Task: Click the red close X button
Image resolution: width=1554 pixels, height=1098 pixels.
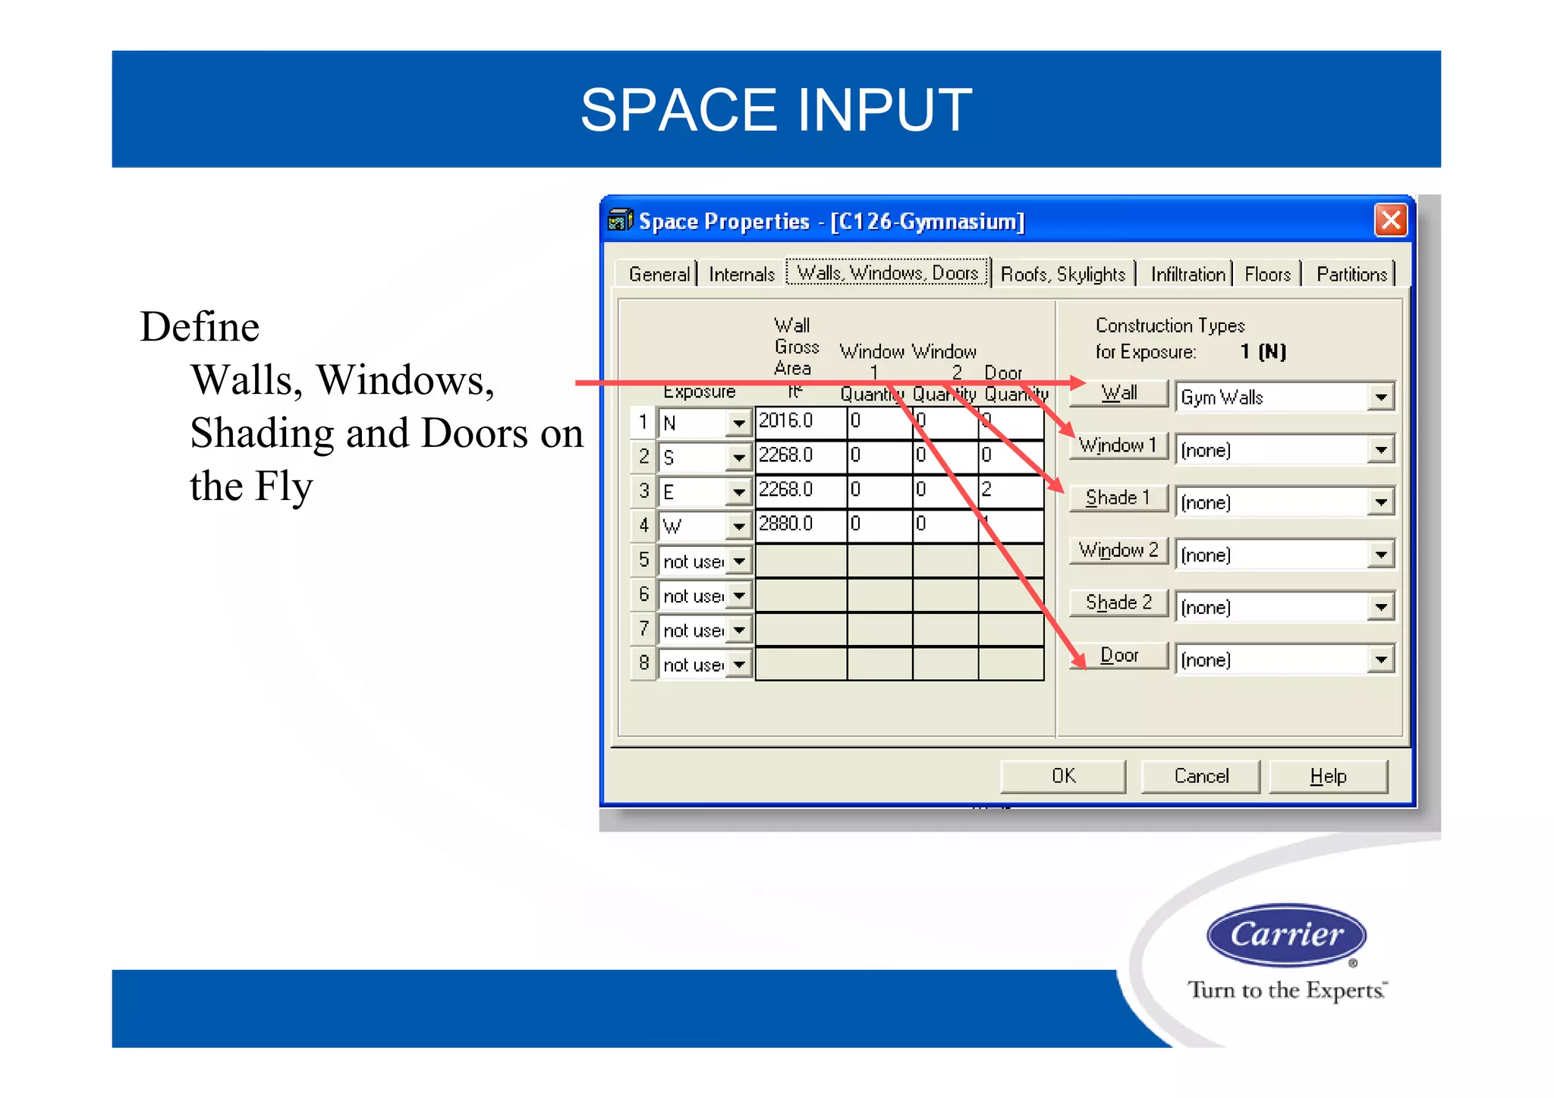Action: click(1390, 221)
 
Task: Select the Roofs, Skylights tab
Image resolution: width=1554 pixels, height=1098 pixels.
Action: click(1062, 274)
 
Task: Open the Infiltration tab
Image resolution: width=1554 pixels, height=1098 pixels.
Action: click(1188, 274)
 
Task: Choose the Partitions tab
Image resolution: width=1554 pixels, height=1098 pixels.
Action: click(1351, 274)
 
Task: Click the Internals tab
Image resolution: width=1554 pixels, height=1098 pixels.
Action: click(741, 274)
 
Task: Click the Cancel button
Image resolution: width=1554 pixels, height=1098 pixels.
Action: click(1200, 776)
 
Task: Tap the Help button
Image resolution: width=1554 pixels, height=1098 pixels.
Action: click(1328, 776)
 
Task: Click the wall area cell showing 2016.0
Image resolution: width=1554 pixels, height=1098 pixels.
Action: click(801, 421)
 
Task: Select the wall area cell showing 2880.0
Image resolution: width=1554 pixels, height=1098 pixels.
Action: click(801, 524)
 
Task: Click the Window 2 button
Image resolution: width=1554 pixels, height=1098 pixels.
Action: click(1118, 550)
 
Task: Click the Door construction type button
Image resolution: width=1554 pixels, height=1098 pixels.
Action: click(1118, 656)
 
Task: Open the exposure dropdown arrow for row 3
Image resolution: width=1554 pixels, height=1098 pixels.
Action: click(738, 492)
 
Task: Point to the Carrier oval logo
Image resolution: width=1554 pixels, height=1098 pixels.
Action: click(1286, 934)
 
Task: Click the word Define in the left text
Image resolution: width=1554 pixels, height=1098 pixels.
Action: click(200, 327)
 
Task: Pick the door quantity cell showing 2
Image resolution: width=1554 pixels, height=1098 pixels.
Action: click(1010, 489)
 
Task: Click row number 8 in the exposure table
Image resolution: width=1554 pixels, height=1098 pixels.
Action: click(643, 663)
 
